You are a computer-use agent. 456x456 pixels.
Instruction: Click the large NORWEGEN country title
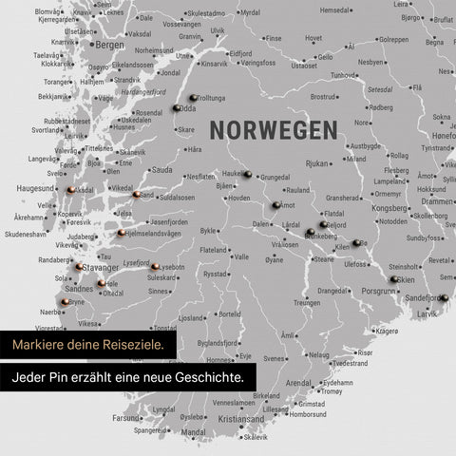(273, 129)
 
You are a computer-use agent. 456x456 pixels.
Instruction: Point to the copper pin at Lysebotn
(154, 267)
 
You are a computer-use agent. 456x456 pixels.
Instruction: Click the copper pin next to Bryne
(65, 301)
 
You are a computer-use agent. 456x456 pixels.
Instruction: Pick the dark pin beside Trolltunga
(192, 98)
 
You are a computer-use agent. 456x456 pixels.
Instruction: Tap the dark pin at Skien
(393, 279)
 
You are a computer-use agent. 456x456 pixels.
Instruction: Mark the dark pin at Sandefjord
(443, 297)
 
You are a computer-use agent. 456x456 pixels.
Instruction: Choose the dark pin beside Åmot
(275, 204)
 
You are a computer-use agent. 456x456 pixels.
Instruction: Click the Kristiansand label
(240, 418)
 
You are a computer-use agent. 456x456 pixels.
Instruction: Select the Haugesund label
(35, 188)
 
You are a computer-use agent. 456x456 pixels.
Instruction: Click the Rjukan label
(316, 163)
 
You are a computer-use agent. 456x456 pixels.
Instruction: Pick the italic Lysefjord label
(137, 262)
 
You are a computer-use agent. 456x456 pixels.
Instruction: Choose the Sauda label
(161, 169)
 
